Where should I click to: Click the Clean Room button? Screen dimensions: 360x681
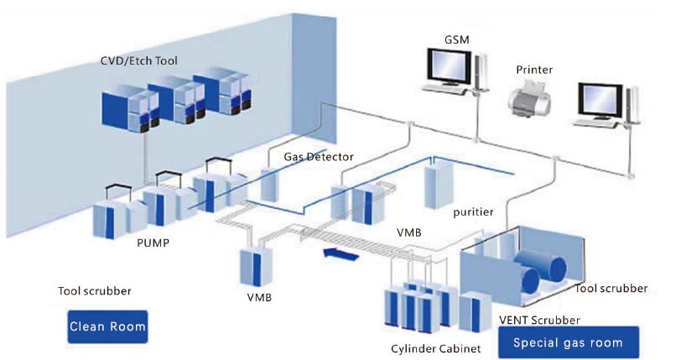(107, 326)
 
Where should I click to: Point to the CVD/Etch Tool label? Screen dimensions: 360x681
(138, 60)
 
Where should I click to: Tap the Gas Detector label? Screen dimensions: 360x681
(319, 157)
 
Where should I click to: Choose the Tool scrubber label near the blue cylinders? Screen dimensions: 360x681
(611, 288)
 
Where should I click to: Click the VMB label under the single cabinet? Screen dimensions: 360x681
(257, 296)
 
